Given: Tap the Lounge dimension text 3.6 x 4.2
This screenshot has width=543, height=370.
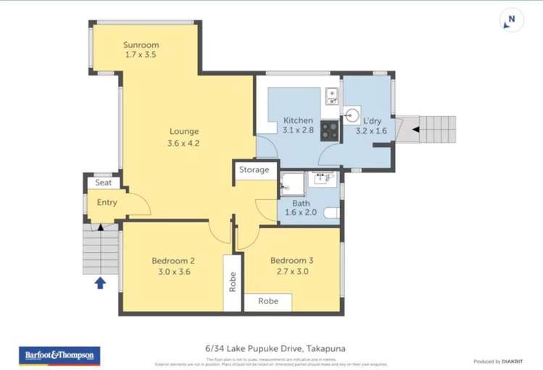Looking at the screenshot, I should tap(183, 143).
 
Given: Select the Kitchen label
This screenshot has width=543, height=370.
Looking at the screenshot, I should tap(298, 120).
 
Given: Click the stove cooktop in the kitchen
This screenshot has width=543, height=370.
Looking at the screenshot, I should tap(329, 130).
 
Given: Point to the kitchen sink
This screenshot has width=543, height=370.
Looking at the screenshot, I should tap(331, 94).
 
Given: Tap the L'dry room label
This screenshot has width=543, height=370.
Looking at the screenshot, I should tap(372, 121).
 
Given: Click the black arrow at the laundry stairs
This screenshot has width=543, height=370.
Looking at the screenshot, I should tap(416, 130).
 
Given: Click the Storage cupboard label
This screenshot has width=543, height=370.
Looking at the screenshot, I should tap(254, 170).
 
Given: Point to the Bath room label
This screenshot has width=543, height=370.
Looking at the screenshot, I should tap(301, 204).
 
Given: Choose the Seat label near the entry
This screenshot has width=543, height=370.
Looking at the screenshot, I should tap(104, 183).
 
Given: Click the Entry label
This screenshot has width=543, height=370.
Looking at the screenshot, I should tap(107, 203).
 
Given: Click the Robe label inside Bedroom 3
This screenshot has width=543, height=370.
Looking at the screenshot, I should tap(268, 302).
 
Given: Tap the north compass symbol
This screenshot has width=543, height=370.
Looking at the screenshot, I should tap(512, 22).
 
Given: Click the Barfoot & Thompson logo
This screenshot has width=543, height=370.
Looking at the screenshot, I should tap(52, 355).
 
